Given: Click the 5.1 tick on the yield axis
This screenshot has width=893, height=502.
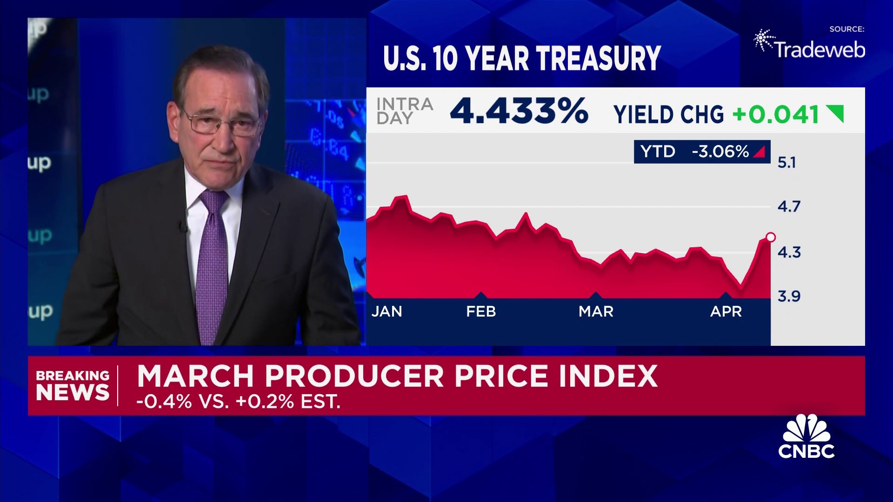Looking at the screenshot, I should (x=786, y=162).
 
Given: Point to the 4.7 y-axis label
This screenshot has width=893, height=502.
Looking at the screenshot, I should (x=789, y=206).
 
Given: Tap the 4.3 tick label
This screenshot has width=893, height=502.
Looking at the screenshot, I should (x=789, y=252).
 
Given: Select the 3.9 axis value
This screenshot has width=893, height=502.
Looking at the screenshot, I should (x=789, y=296).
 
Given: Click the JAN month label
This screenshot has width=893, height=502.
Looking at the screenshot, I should (x=387, y=311).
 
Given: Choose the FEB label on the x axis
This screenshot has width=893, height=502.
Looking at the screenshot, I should (x=481, y=311).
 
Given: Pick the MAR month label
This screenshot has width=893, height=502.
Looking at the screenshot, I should (x=596, y=311).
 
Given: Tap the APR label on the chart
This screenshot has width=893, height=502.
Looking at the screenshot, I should (x=726, y=311).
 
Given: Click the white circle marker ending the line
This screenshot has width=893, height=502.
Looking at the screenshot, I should (x=770, y=238).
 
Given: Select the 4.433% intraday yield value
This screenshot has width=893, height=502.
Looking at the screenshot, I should (x=519, y=112).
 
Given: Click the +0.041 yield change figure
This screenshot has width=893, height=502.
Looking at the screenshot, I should (x=775, y=114).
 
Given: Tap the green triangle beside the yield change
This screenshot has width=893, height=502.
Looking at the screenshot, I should (x=836, y=113).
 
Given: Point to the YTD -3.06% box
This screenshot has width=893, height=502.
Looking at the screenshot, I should (x=701, y=152).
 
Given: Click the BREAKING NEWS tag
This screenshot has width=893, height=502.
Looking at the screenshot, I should (x=73, y=386).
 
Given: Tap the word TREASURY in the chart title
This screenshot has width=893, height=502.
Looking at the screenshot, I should (x=599, y=59).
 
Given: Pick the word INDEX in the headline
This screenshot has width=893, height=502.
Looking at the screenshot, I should (x=608, y=376).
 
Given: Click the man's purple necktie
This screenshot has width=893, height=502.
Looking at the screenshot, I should (x=212, y=265).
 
